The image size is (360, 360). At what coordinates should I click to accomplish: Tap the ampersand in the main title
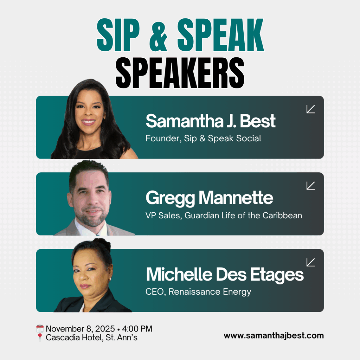[x=161, y=38]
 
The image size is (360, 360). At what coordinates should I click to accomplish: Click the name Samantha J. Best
[x=211, y=121]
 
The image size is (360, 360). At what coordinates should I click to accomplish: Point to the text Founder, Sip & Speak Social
[x=203, y=139]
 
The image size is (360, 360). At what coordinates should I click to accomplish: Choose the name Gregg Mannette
[x=209, y=198]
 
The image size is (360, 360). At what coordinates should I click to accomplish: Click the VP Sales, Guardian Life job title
[x=224, y=216]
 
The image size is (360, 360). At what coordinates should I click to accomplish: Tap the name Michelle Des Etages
[x=225, y=275]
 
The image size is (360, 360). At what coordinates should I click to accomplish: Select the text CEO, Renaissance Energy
[x=198, y=292]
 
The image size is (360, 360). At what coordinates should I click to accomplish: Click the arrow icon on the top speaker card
[x=310, y=109]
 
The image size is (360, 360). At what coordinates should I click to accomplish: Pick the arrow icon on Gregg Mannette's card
[x=310, y=186]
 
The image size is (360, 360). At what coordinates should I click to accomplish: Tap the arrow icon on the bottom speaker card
[x=310, y=262]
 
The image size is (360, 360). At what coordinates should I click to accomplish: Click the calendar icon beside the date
[x=40, y=329]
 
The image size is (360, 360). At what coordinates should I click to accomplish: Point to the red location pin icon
[x=40, y=338]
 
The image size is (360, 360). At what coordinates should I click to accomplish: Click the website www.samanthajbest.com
[x=274, y=336]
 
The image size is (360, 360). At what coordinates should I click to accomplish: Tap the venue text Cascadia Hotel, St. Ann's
[x=92, y=338]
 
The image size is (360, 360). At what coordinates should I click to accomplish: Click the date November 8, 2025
[x=80, y=329]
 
